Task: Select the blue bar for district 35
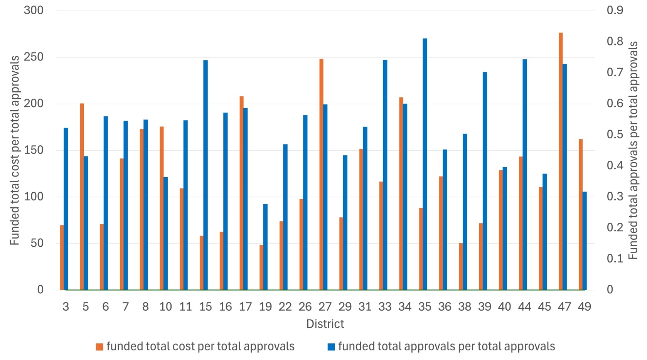(x=425, y=164)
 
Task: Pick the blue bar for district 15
(x=206, y=175)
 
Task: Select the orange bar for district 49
(x=581, y=214)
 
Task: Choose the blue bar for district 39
(x=485, y=181)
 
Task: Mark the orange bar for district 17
(x=241, y=193)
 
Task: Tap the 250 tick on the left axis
(x=34, y=57)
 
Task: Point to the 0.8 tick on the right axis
(x=615, y=41)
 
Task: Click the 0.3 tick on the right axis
(x=615, y=196)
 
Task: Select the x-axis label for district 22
(x=285, y=307)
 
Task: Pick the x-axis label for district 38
(x=465, y=307)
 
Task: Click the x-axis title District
(x=325, y=324)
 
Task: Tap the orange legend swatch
(x=99, y=347)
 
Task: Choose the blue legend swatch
(x=331, y=347)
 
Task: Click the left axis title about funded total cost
(x=15, y=150)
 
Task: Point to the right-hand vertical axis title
(x=633, y=150)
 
